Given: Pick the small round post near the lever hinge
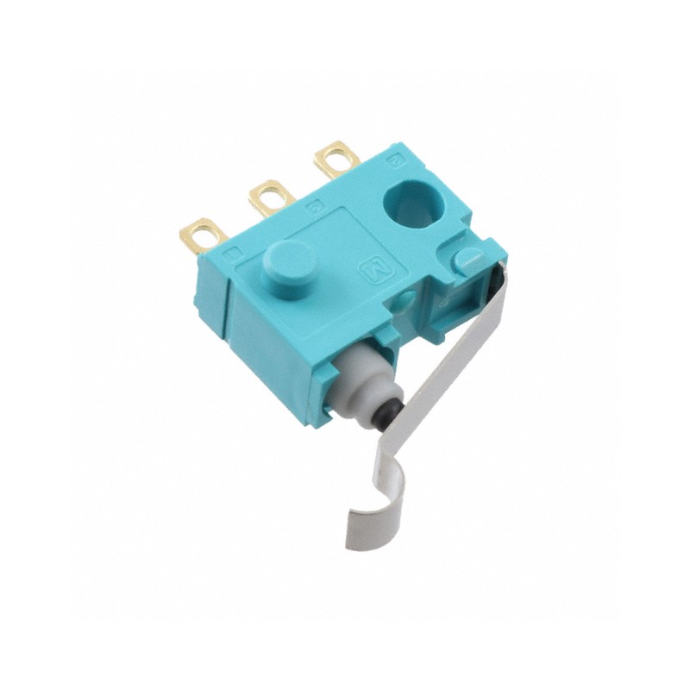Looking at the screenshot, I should point(469,260).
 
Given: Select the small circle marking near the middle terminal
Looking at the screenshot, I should point(314,207).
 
